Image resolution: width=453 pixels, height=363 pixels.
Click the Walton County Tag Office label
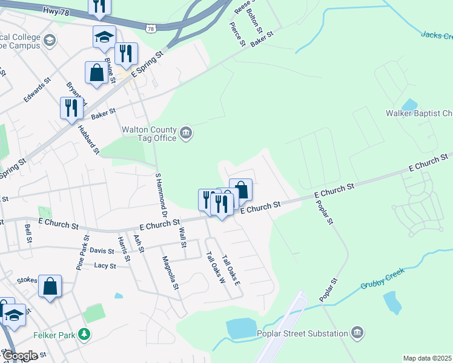tap(149, 134)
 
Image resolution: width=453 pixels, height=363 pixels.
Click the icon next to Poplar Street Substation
tap(357, 333)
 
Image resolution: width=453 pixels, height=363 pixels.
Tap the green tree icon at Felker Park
tap(85, 333)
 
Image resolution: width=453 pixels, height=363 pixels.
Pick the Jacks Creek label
tap(436, 35)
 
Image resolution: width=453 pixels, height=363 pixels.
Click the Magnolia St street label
tap(170, 273)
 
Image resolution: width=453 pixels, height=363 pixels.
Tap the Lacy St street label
tap(105, 266)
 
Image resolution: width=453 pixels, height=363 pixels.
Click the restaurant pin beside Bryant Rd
tap(71, 108)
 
